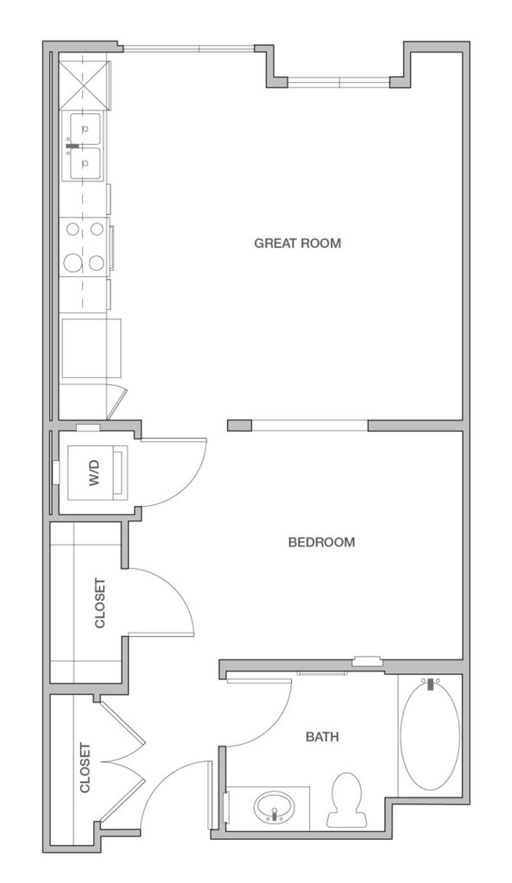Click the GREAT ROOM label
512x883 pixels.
[297, 243]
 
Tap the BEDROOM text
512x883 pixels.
[322, 542]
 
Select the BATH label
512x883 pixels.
[322, 736]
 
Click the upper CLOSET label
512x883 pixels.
[99, 603]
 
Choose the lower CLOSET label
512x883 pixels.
[85, 768]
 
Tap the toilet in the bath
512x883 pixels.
[345, 799]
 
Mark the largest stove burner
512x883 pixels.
[73, 262]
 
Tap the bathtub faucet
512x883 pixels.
[432, 684]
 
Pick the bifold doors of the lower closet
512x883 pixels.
[124, 761]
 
